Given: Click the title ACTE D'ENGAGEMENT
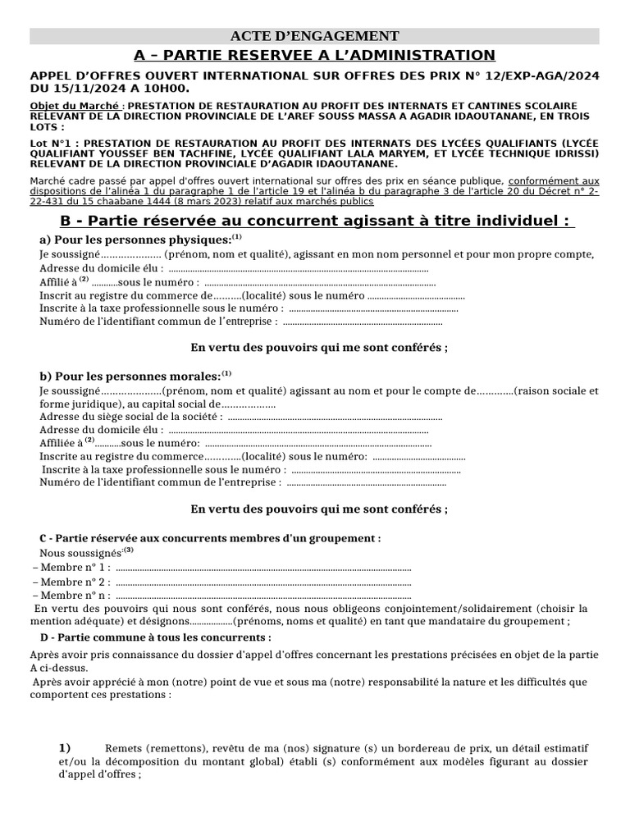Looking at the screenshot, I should (314, 36).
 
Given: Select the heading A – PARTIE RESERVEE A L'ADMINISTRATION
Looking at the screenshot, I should (314, 55).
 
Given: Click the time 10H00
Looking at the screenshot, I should (167, 88).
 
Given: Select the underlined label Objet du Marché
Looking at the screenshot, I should (75, 107).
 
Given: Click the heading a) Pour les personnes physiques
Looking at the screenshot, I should (135, 240).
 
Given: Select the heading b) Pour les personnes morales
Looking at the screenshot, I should (130, 376).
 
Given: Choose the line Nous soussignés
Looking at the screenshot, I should (80, 553).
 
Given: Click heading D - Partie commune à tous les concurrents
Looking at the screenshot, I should (155, 637).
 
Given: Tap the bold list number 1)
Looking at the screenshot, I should (65, 747).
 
